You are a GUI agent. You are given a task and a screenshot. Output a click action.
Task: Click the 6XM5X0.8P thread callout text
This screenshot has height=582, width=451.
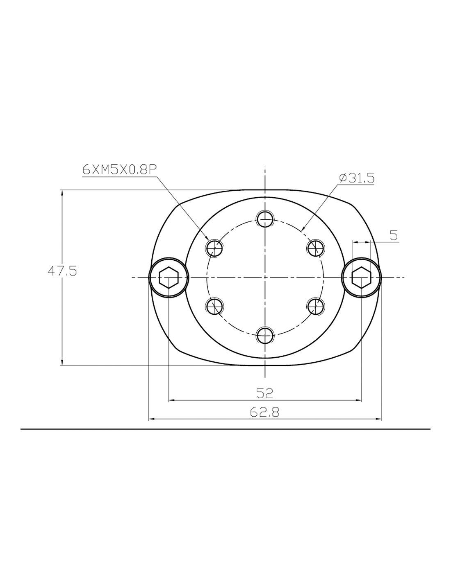pyautogui.click(x=120, y=169)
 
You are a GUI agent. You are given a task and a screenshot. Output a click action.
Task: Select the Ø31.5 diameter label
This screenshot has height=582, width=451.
pyautogui.click(x=357, y=178)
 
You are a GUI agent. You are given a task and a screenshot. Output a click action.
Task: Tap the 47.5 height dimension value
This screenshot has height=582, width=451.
pyautogui.click(x=62, y=271)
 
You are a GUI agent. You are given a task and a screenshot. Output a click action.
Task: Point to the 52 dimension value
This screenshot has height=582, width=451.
pyautogui.click(x=264, y=393)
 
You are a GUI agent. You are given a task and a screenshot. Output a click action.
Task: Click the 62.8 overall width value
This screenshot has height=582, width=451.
pyautogui.click(x=264, y=412)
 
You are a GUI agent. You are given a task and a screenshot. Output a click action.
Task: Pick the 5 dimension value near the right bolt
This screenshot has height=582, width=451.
pyautogui.click(x=394, y=236)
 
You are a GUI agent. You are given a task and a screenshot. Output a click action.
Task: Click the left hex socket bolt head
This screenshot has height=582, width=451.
pyautogui.click(x=169, y=278)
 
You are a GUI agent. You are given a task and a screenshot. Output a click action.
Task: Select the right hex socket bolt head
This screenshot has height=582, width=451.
pyautogui.click(x=361, y=278)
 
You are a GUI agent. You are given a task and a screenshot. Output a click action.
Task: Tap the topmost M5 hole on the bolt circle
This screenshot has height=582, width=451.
pyautogui.click(x=265, y=219)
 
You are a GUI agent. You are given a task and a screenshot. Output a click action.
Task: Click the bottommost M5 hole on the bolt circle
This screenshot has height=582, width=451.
pyautogui.click(x=265, y=335)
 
